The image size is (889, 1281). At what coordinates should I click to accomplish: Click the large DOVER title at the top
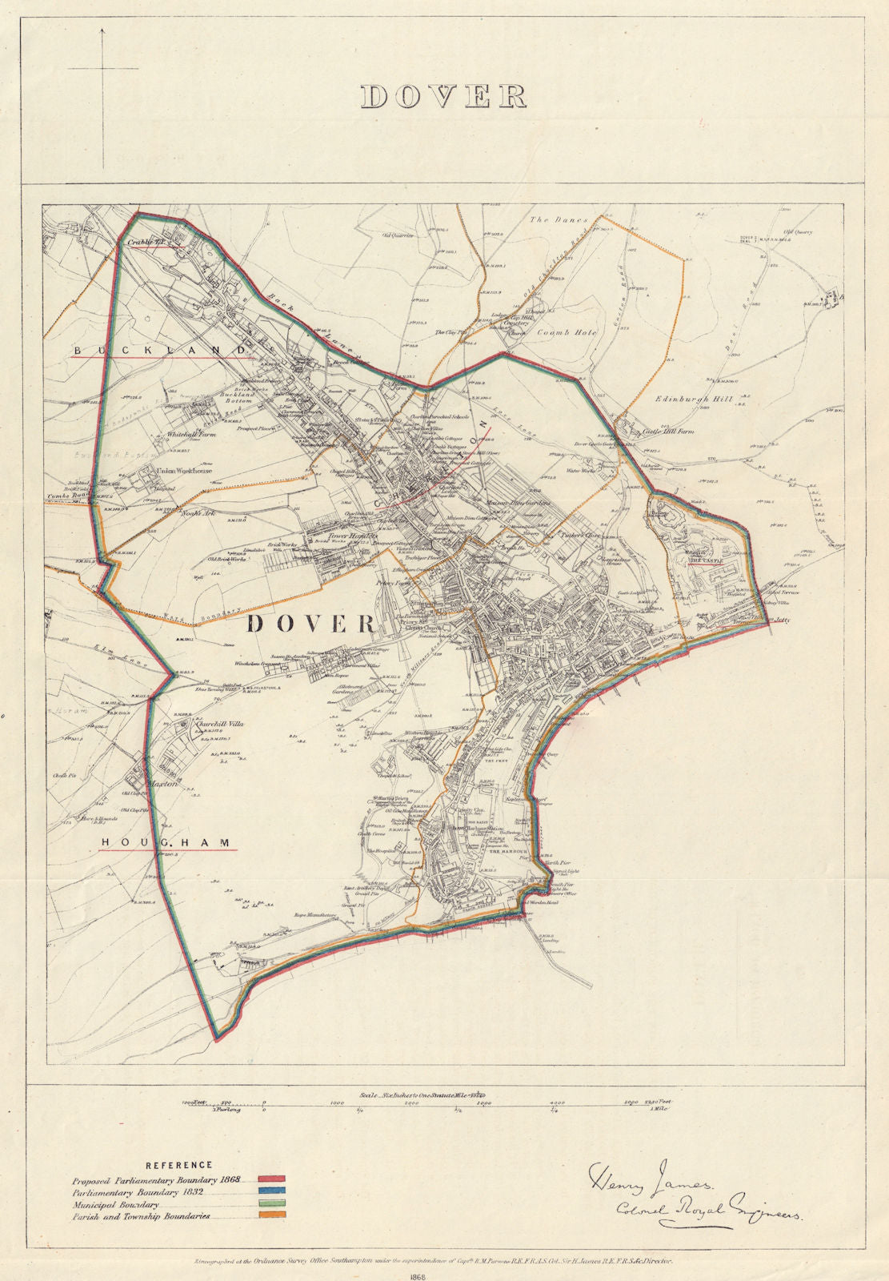click(443, 96)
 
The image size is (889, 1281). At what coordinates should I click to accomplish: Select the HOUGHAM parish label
click(167, 843)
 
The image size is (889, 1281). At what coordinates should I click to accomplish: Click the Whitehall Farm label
click(191, 434)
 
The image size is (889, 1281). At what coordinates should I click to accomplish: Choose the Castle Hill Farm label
click(668, 432)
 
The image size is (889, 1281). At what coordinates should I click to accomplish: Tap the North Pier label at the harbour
click(550, 862)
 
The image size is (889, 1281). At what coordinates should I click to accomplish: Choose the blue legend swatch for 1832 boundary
click(272, 1192)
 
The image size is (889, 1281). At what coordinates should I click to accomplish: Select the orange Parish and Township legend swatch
click(272, 1215)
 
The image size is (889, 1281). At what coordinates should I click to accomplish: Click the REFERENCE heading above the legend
click(179, 1166)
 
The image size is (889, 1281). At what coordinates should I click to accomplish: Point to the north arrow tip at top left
click(102, 30)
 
